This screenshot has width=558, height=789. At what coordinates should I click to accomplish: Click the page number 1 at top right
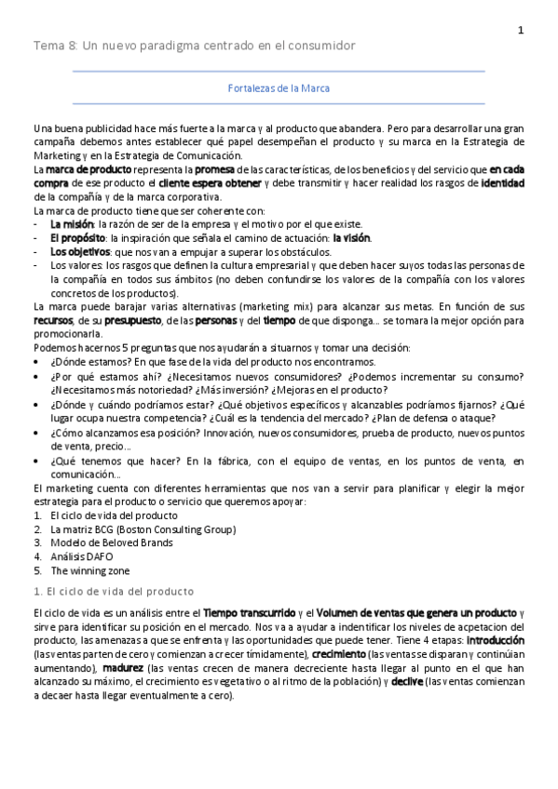[521, 30]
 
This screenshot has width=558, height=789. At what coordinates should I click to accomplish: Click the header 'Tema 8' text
[55, 46]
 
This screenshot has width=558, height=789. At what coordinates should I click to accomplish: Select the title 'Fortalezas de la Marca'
[279, 88]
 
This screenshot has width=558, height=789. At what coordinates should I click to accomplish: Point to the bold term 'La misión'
[71, 224]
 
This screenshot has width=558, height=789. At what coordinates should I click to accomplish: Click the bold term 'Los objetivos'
[79, 251]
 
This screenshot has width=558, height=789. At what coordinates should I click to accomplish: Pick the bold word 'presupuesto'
[132, 320]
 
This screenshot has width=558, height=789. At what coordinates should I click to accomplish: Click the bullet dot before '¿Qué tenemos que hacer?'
[36, 461]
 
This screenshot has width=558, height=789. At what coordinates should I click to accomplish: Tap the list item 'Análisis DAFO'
[82, 556]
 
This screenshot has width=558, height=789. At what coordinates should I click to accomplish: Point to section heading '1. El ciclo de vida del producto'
[113, 592]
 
